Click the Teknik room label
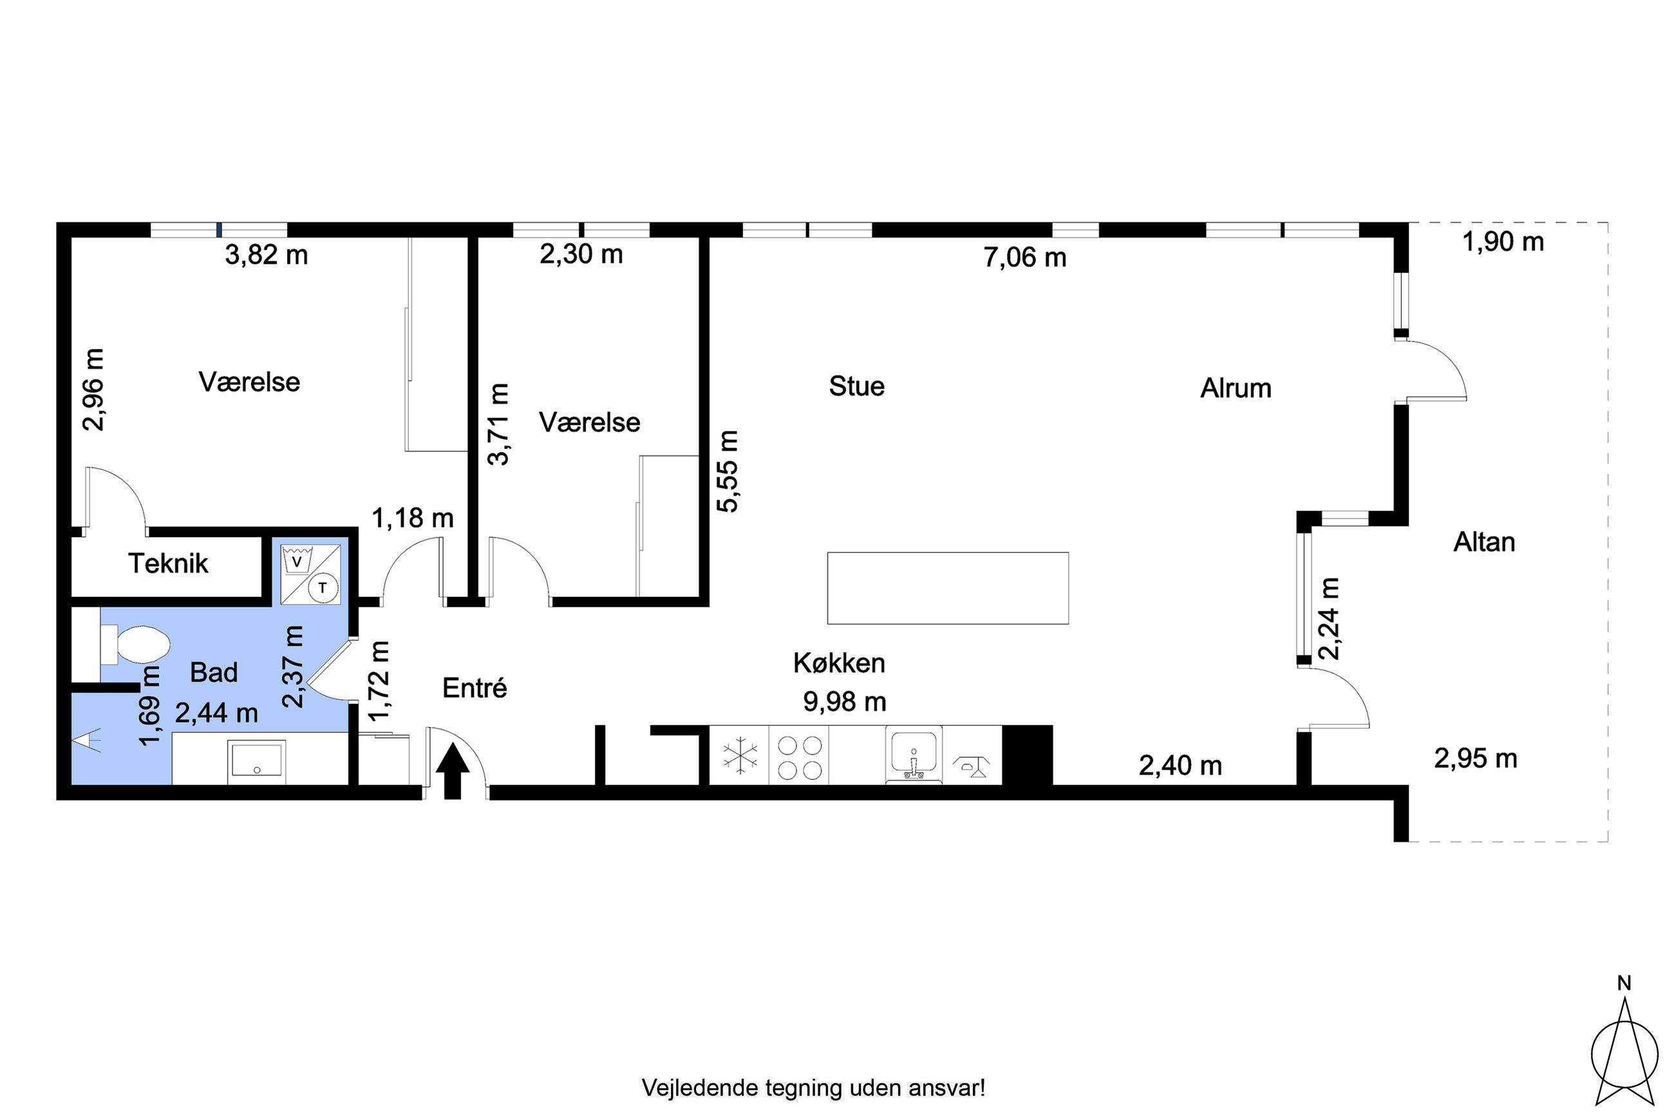[x=168, y=563]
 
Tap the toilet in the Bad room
[x=135, y=645]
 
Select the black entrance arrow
[x=453, y=771]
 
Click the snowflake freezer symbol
[x=740, y=755]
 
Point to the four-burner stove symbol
[x=799, y=757]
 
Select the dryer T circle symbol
[x=323, y=588]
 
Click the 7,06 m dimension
[x=1024, y=258]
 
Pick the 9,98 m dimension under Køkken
[x=845, y=702]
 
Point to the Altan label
[x=1483, y=542]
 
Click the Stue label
[x=856, y=386]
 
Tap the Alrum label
[x=1236, y=388]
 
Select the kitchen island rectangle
[x=948, y=589]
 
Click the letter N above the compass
[x=1624, y=983]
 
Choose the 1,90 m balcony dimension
[x=1503, y=243]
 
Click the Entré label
[x=475, y=688]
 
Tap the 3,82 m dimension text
[x=267, y=255]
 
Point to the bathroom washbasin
[x=257, y=762]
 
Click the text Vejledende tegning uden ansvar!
[x=813, y=1088]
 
